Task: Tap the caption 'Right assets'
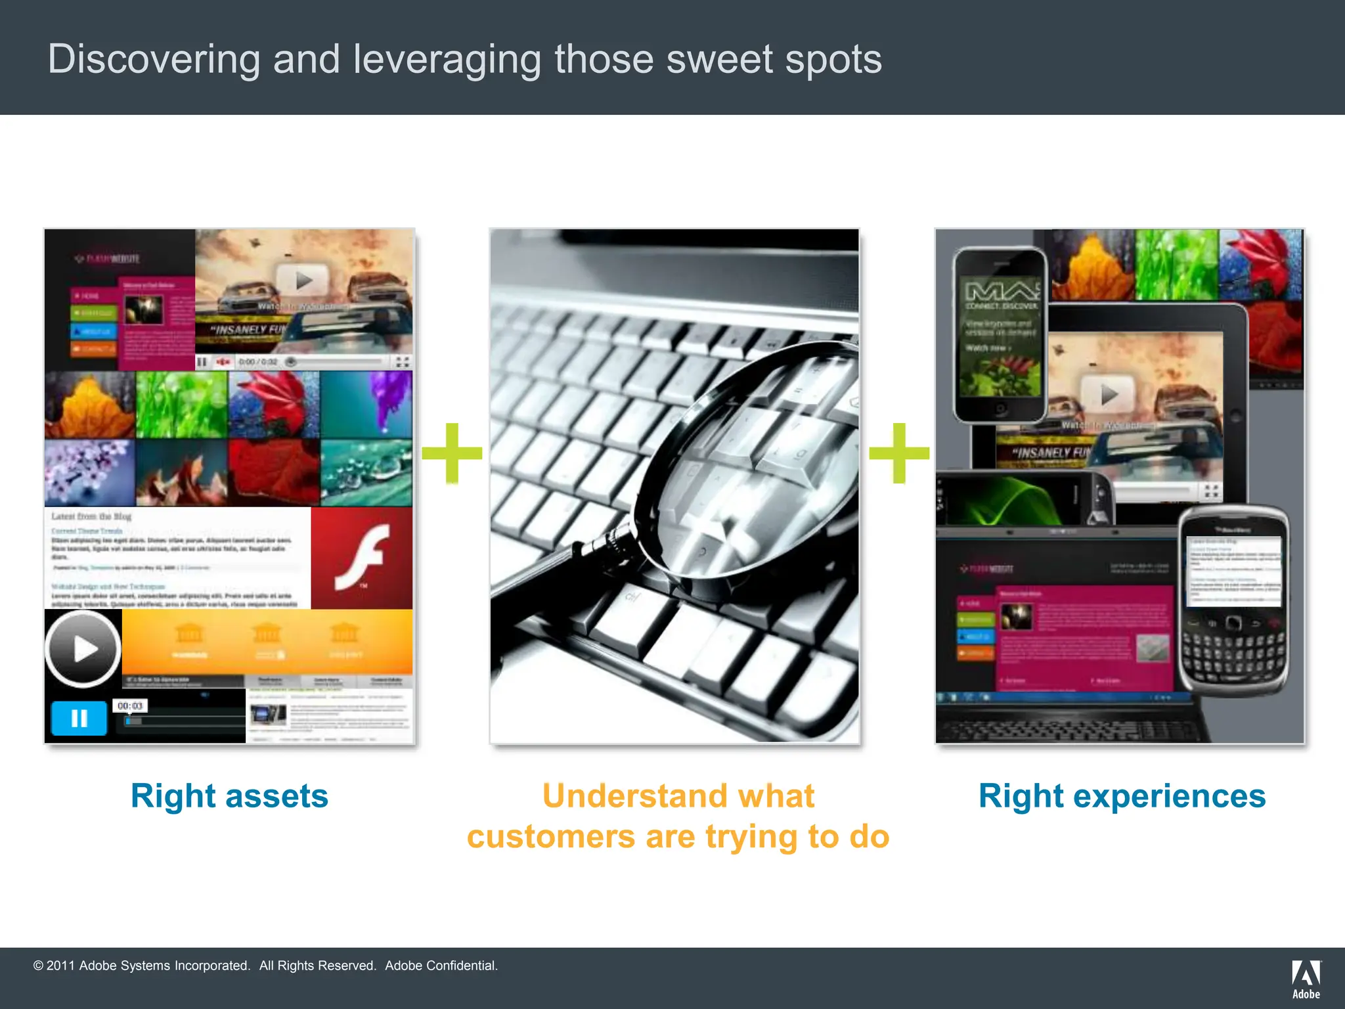(x=229, y=796)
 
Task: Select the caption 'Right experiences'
(x=1122, y=796)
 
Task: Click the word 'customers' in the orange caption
(x=551, y=837)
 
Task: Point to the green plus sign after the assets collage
(x=452, y=453)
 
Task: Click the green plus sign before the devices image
(x=899, y=453)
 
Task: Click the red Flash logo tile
(x=362, y=558)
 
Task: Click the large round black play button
(x=83, y=649)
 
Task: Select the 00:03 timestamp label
(x=130, y=706)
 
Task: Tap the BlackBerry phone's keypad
(x=1233, y=657)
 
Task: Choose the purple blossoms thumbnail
(x=90, y=473)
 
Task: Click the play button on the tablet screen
(x=1109, y=394)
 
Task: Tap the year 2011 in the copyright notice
(x=60, y=966)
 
